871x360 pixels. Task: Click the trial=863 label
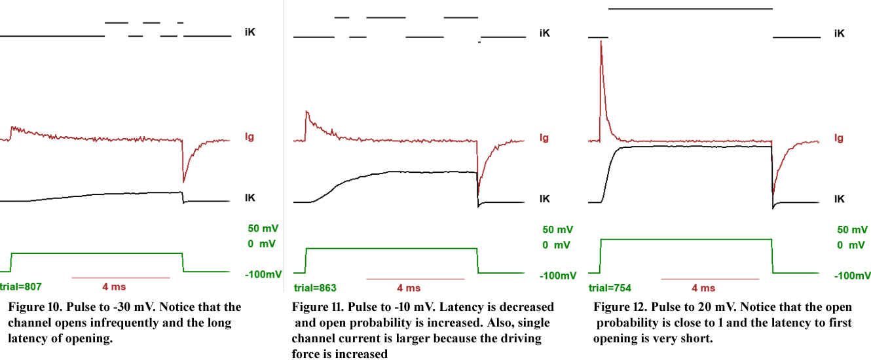(315, 287)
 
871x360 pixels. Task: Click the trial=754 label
(610, 287)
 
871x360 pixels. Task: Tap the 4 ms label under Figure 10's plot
(114, 287)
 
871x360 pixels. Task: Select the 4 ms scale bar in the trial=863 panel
(415, 279)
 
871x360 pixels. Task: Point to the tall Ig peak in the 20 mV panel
(601, 52)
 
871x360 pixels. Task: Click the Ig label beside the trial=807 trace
(249, 137)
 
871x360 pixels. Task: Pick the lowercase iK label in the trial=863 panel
(544, 32)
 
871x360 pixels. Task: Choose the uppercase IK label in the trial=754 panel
(839, 198)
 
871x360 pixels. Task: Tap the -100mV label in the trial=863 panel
(558, 276)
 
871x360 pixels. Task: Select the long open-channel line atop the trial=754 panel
(690, 9)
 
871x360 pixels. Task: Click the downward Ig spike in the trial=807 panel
(184, 180)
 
